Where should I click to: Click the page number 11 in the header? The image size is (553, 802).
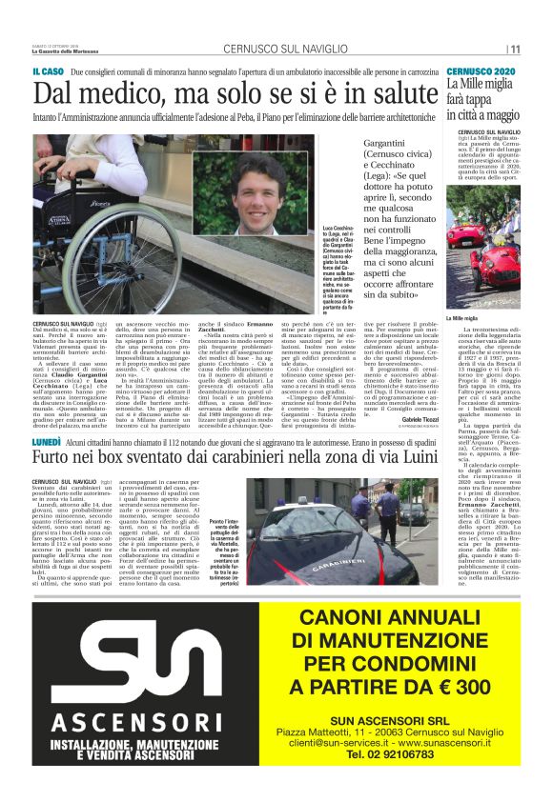(x=515, y=50)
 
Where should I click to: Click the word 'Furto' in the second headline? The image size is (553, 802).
(x=54, y=464)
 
